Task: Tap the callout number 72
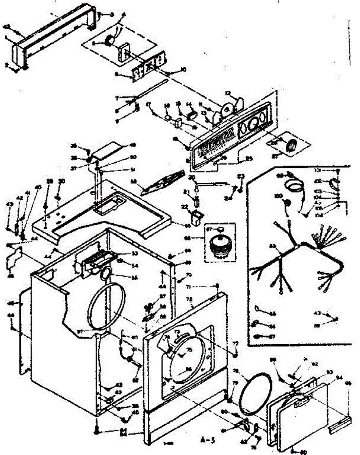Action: [x=189, y=299]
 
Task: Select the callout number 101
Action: [x=318, y=171]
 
